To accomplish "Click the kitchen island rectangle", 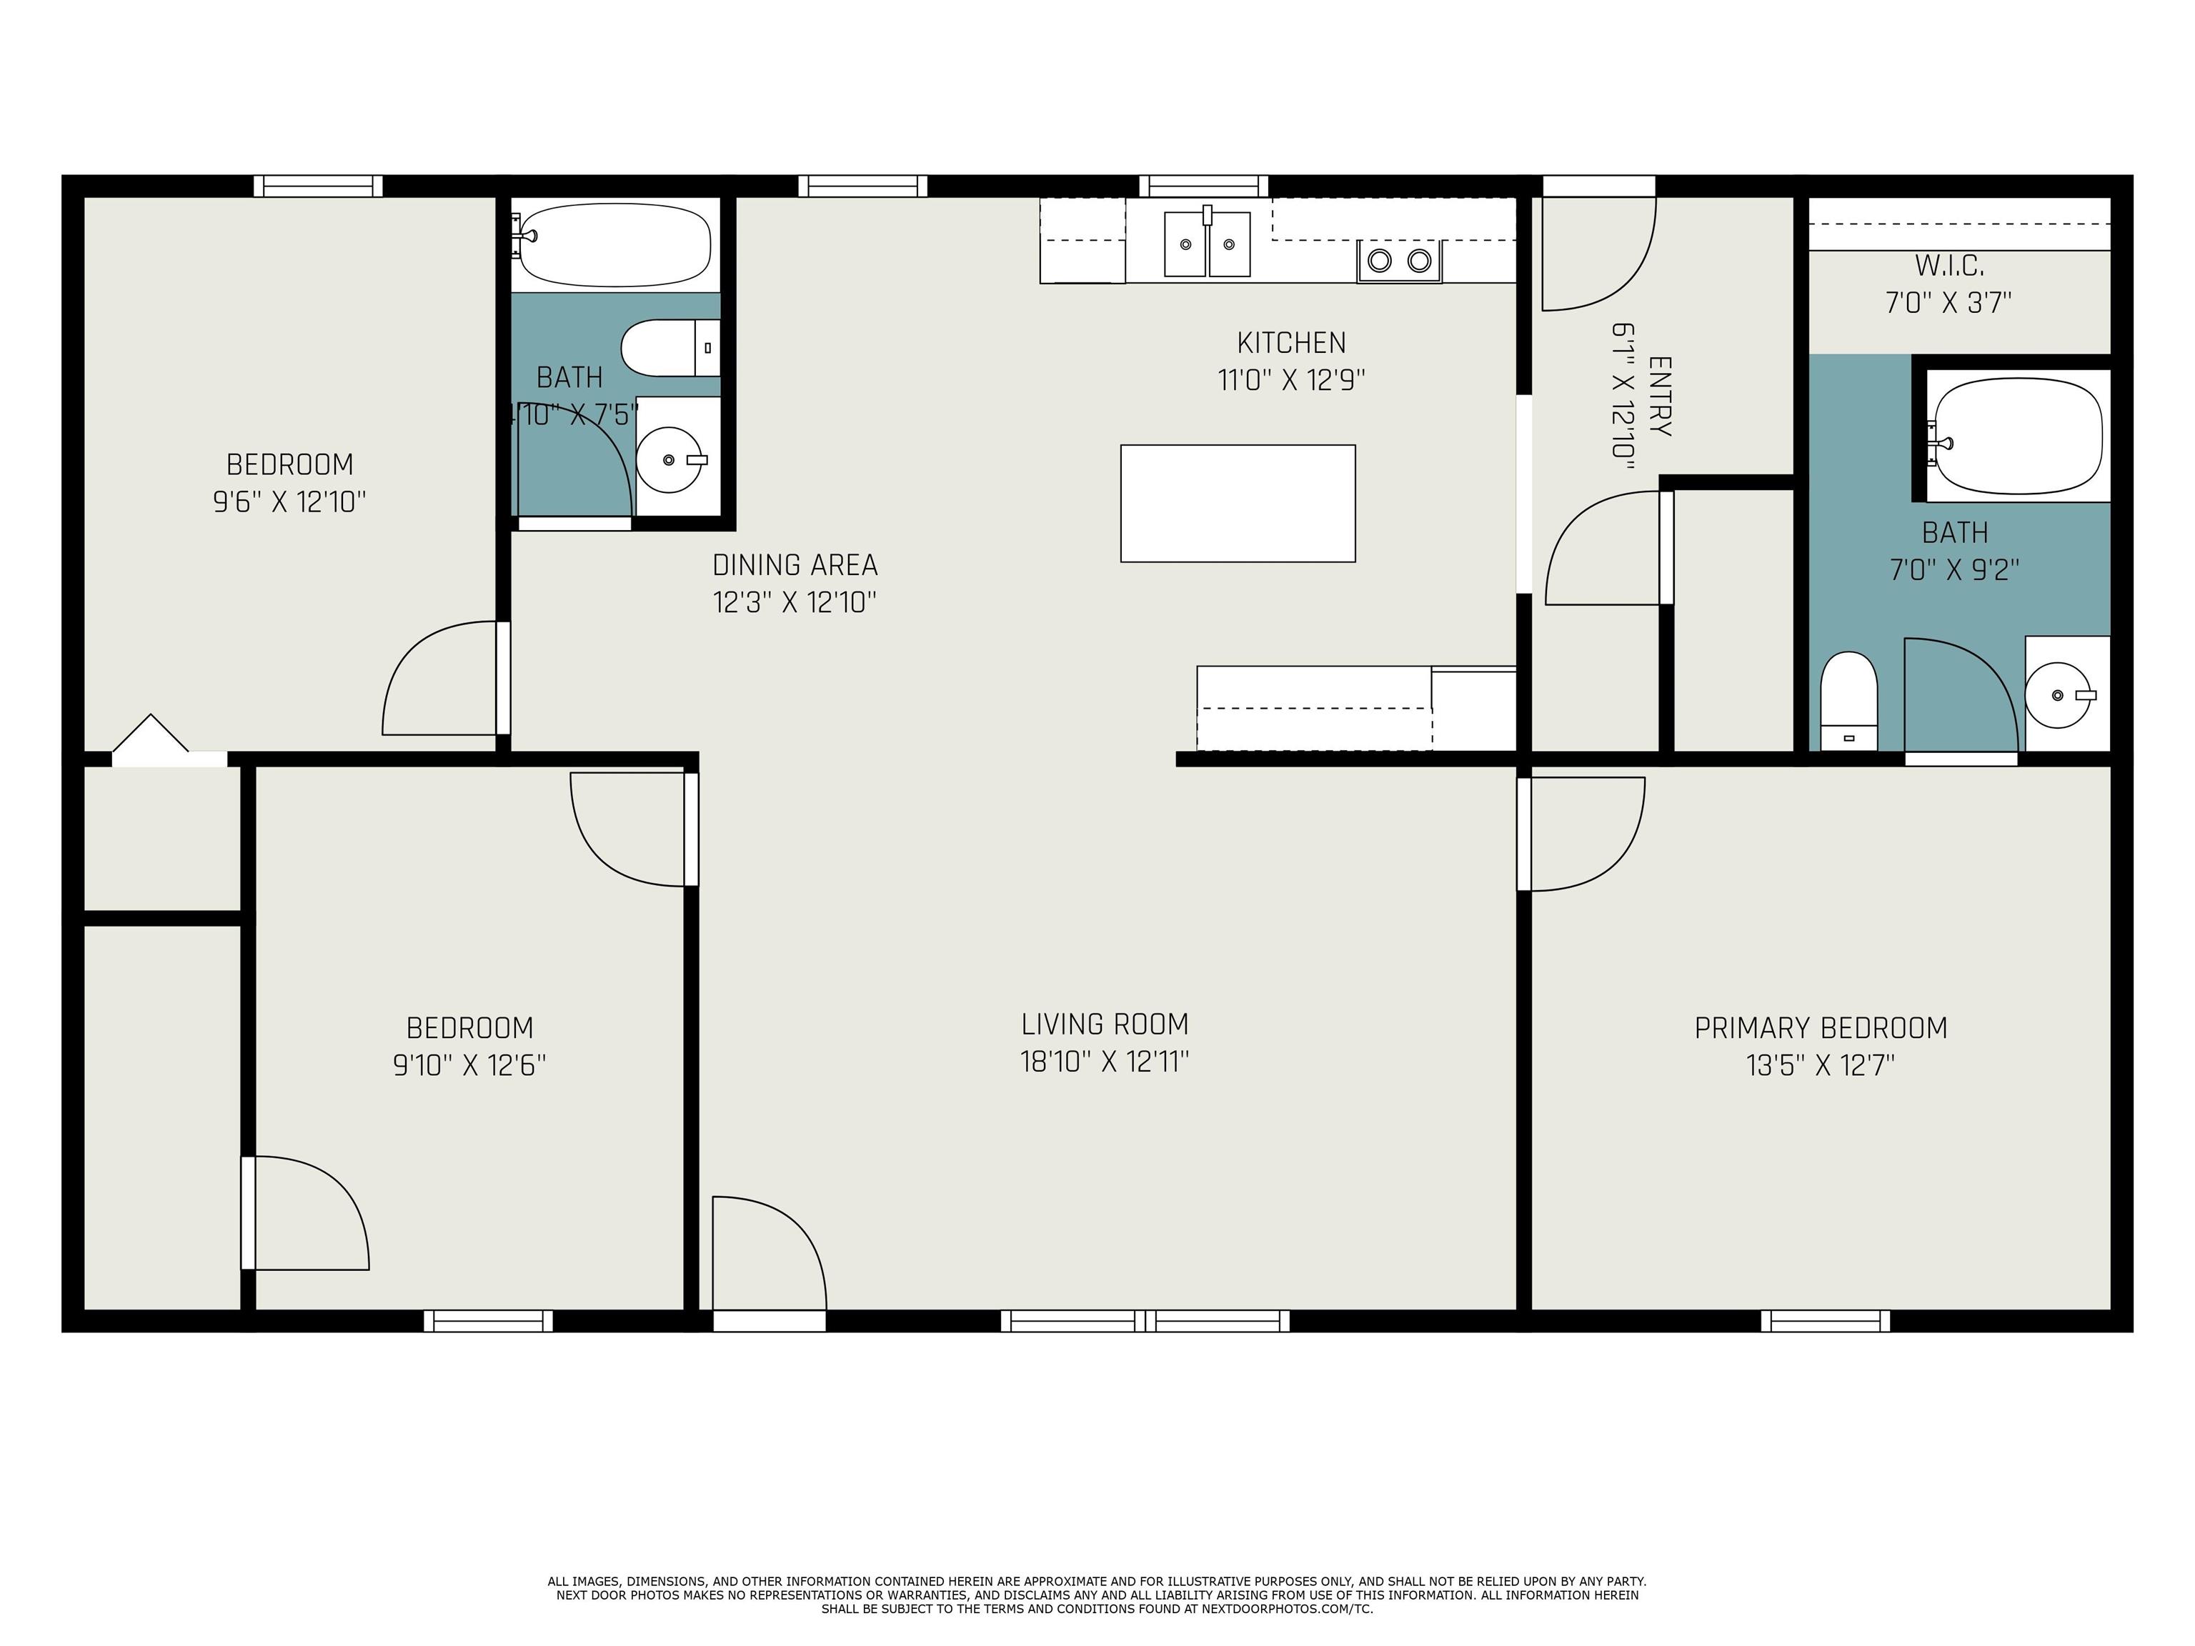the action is [1238, 503].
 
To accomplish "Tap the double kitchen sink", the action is [1207, 243].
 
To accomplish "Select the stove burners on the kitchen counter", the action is [1399, 261].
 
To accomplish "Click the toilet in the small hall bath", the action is [670, 348].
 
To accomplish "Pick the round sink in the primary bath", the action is [2059, 694].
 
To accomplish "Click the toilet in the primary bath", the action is [1848, 700].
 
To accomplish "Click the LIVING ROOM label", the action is [1105, 1024].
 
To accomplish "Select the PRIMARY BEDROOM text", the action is [1821, 1028].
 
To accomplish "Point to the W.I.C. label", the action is [1949, 266].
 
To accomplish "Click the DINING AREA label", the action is [795, 566].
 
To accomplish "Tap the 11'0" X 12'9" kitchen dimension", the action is [1292, 380].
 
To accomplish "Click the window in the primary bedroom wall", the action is [1825, 1320].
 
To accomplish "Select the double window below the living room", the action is [1145, 1320].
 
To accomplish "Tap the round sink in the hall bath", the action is [669, 459].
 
